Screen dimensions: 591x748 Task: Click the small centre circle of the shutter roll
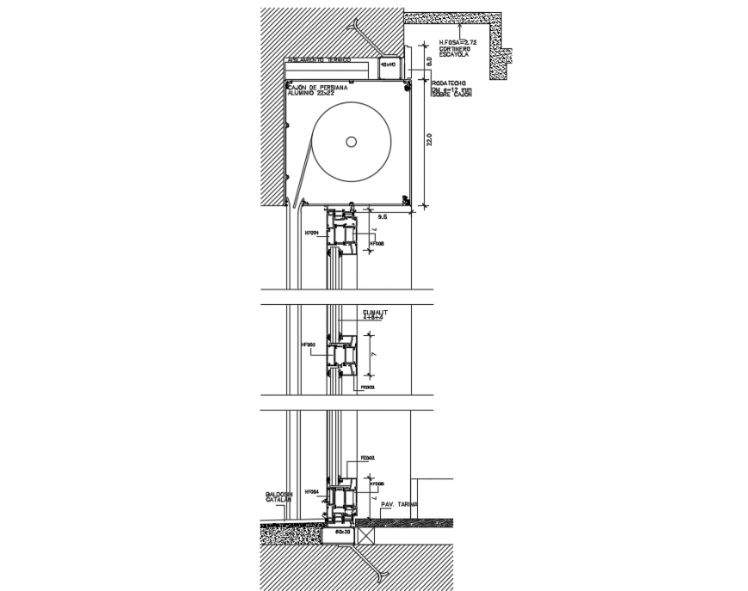[352, 141]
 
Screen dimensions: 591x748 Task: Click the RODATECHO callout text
[450, 82]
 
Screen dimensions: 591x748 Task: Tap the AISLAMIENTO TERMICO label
[319, 61]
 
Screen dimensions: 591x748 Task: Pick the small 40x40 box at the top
[388, 64]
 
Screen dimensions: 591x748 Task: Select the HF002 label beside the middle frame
[310, 345]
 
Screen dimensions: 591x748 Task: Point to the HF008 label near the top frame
[376, 244]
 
